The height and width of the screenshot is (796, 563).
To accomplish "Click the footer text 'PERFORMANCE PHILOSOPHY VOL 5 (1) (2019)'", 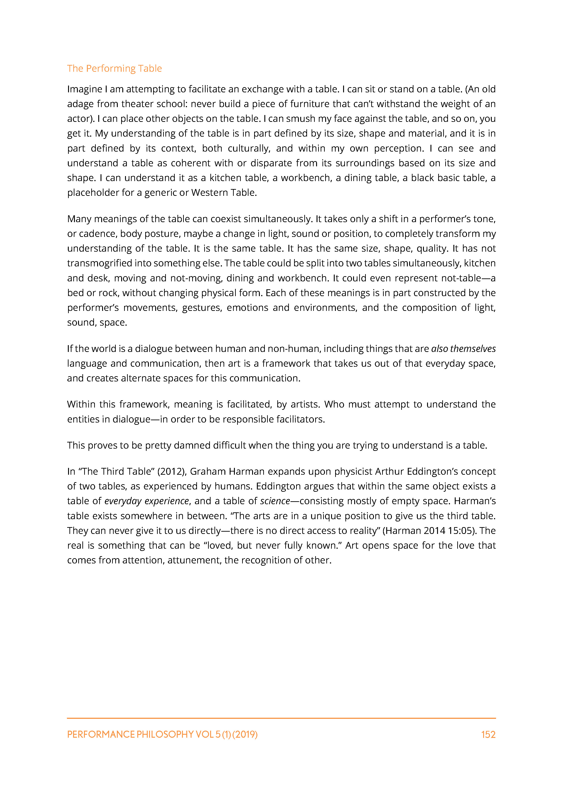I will [x=162, y=734].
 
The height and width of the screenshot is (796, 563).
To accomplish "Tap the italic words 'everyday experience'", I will [x=146, y=501].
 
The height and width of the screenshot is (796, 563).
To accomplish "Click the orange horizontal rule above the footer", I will [x=281, y=718].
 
